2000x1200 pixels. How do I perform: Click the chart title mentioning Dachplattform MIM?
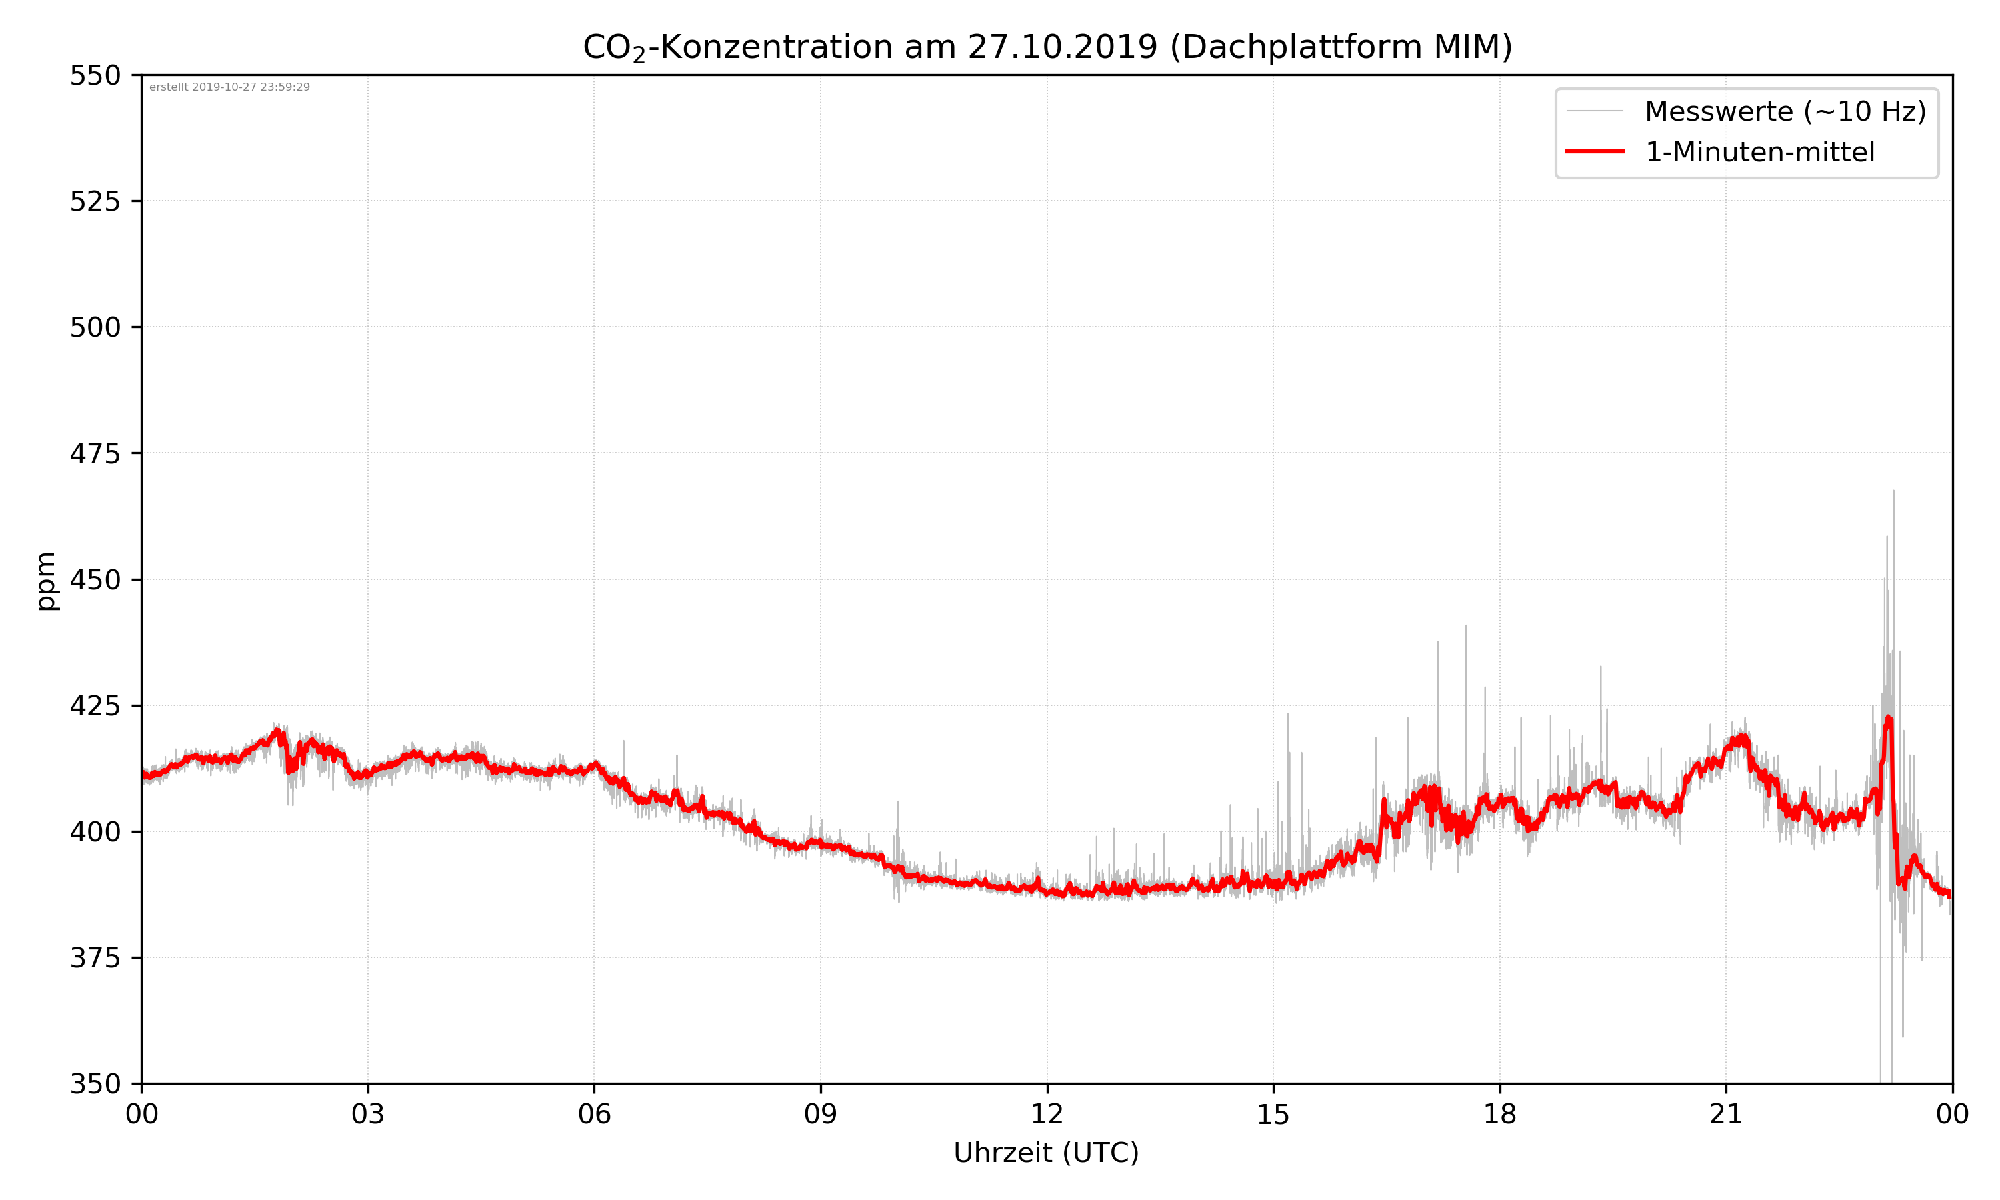pos(1047,47)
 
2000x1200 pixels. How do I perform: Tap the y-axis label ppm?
pos(46,581)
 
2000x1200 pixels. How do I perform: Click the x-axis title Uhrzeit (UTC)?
pos(1046,1152)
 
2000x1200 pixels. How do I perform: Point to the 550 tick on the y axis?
pos(95,75)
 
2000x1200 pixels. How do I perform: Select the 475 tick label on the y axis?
pos(95,453)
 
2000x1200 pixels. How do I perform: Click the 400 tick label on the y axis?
pos(95,831)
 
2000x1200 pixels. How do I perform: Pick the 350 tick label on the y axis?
pos(95,1083)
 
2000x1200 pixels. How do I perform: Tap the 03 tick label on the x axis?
pos(368,1113)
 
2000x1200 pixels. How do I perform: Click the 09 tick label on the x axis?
pos(821,1113)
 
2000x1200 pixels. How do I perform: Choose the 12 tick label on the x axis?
pos(1047,1113)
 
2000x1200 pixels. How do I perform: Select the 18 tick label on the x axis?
pos(1499,1113)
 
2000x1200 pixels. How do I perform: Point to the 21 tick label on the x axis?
pos(1726,1113)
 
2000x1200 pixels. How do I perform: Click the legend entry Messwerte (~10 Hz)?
pos(1785,111)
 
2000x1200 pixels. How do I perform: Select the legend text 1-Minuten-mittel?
pos(1759,152)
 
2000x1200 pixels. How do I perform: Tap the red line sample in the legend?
pos(1594,151)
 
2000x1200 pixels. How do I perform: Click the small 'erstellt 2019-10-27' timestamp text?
pos(229,87)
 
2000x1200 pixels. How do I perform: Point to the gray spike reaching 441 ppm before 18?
pos(1465,627)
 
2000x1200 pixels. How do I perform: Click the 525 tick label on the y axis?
pos(95,201)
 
